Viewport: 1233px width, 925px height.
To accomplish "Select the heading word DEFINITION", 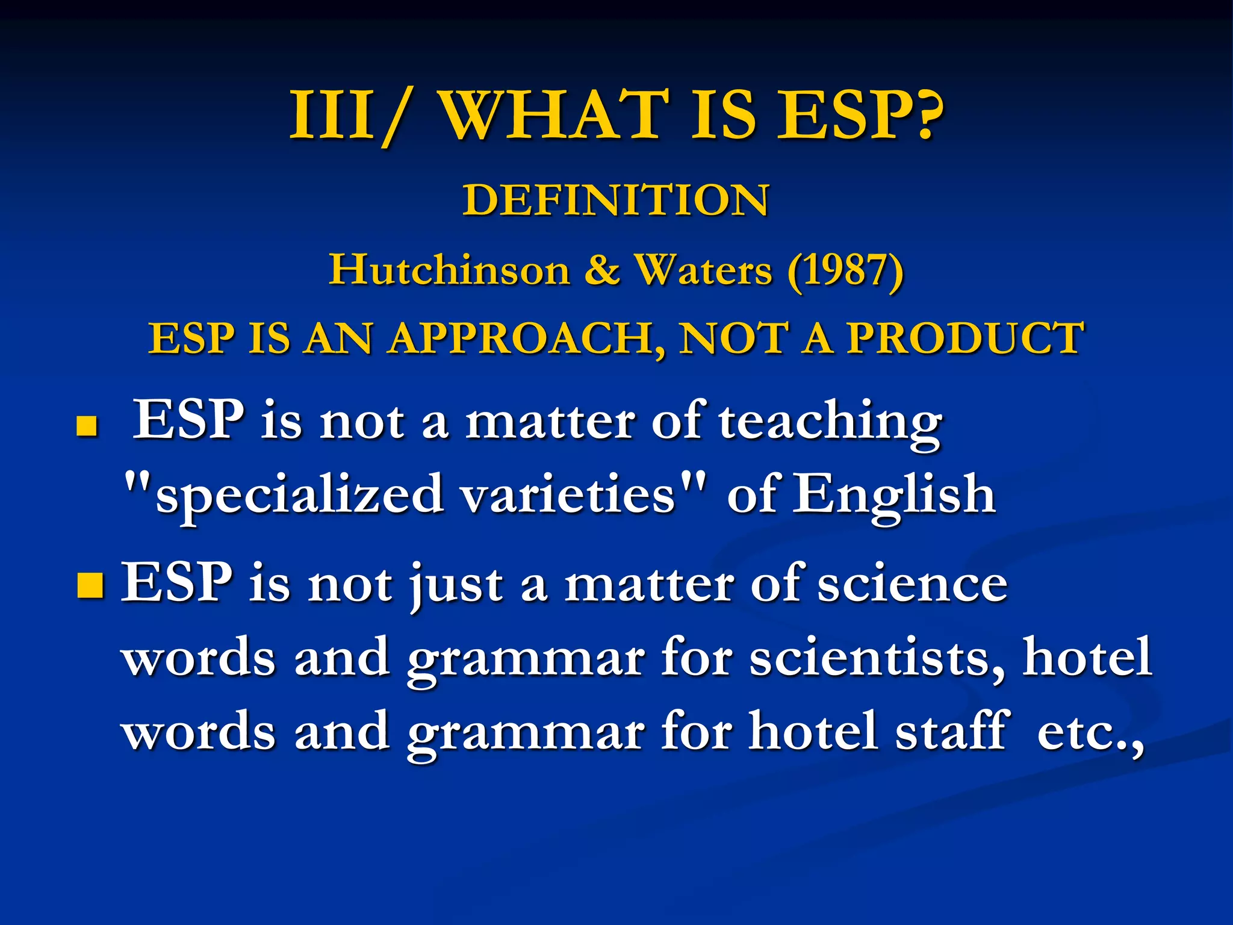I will coord(616,200).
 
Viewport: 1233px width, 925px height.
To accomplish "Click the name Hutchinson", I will coord(449,270).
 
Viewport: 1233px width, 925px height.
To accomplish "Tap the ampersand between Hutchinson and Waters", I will coord(602,270).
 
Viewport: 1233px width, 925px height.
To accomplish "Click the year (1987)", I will coord(845,270).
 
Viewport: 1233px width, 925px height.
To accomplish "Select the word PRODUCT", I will coord(966,338).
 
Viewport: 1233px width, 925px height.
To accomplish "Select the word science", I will coord(912,584).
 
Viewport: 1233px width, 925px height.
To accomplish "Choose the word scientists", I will coord(877,658).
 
